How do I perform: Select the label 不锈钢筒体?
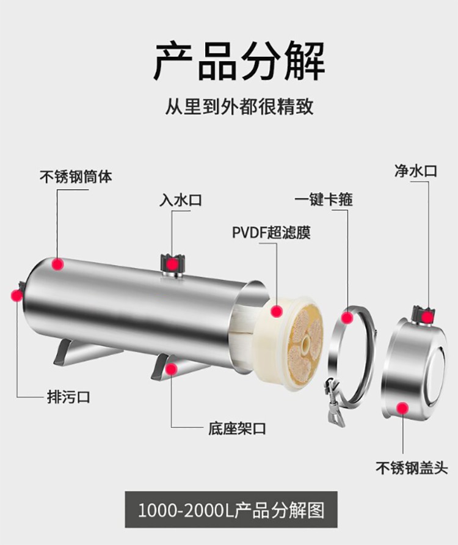coord(76,177)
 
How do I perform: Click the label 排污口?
coord(68,397)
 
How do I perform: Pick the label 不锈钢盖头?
coord(411,469)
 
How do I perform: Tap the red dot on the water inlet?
coord(173,264)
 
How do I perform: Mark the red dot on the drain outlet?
coord(16,296)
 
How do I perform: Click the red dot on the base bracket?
coord(172,368)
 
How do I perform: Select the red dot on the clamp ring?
coord(347,318)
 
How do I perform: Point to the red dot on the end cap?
coord(402,408)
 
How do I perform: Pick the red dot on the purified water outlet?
coord(427,316)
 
